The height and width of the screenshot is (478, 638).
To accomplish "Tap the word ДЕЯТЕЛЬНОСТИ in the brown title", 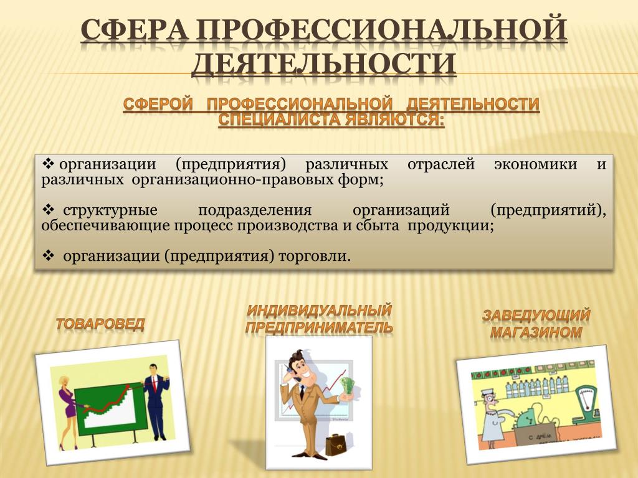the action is click(x=324, y=63).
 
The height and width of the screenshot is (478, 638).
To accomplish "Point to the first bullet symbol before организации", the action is click(x=48, y=164).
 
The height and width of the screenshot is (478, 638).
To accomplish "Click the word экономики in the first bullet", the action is click(x=535, y=164).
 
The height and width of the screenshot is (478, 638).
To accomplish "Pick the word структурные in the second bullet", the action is click(x=110, y=210).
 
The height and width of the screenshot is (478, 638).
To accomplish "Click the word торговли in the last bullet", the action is click(x=314, y=256).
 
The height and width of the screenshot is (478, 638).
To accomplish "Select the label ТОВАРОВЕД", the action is click(x=100, y=324).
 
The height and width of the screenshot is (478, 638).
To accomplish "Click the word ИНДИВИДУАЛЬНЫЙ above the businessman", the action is click(x=320, y=311).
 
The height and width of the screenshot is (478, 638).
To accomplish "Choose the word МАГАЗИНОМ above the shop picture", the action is click(x=536, y=332).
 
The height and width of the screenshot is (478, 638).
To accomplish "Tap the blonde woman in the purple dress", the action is click(x=67, y=411).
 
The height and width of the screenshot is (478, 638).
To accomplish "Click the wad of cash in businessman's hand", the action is click(x=347, y=386).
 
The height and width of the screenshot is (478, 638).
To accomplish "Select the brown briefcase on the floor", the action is click(x=335, y=444).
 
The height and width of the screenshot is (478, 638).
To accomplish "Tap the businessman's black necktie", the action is click(x=302, y=393).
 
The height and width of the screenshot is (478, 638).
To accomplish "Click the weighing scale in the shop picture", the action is click(x=586, y=406).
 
